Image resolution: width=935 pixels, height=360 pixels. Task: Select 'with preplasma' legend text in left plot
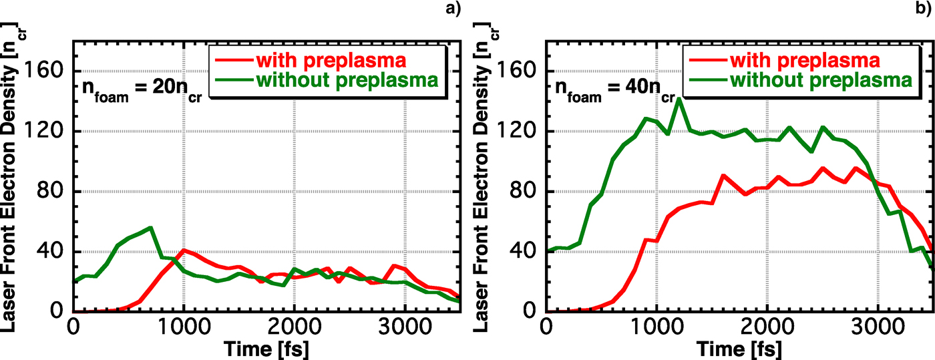(x=331, y=60)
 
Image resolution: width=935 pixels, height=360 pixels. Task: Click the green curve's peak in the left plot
(x=152, y=228)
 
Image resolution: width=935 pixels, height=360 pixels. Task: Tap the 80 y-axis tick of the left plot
(x=51, y=191)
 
